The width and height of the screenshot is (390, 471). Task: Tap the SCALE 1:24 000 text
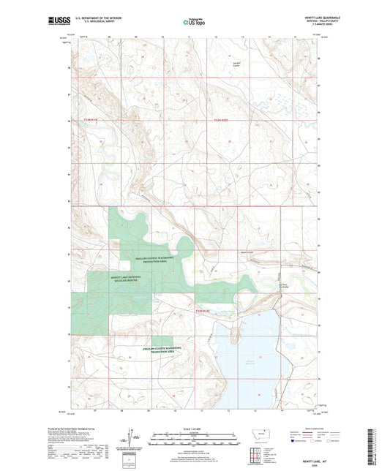(194, 429)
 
